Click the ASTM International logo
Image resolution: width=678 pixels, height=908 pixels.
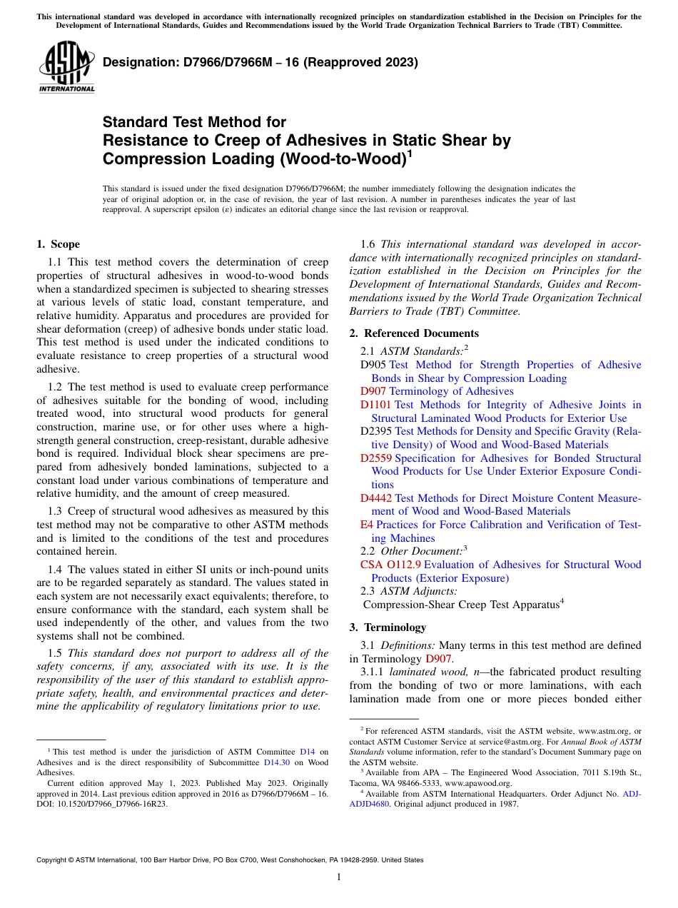pos(67,68)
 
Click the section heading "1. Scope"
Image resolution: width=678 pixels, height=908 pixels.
pos(58,244)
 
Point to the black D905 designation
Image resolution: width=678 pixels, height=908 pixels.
pos(373,365)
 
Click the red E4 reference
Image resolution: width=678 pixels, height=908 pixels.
pos(367,525)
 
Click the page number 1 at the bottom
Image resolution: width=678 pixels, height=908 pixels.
pos(339,877)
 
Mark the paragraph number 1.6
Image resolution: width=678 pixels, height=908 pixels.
pos(369,244)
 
